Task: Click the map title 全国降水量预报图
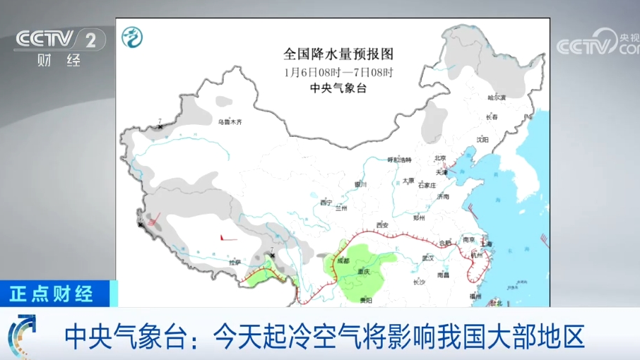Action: pos(338,54)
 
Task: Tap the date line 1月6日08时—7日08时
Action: pos(338,72)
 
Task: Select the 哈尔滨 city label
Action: pos(497,97)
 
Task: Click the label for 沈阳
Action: pos(482,140)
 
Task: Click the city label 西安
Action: pos(382,225)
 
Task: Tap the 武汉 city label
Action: pos(427,258)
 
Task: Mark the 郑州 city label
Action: pos(420,218)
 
